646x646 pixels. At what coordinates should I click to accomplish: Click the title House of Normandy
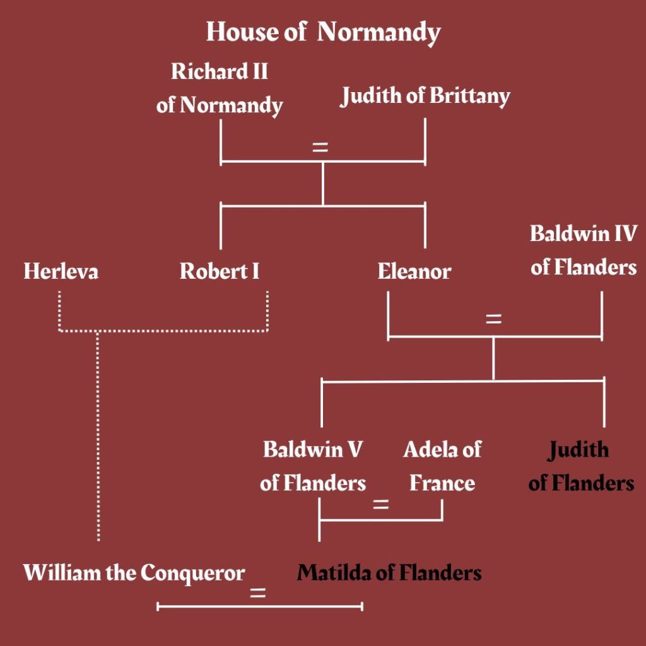323,32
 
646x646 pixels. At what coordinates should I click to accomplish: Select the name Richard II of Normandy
220,88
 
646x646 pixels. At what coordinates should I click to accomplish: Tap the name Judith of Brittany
425,96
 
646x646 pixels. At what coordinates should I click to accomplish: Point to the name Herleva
61,272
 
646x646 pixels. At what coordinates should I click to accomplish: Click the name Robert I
220,272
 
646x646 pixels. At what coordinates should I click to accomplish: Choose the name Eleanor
414,272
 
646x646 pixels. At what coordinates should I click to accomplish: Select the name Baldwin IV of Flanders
584,250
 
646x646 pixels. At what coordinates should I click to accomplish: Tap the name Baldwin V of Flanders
313,467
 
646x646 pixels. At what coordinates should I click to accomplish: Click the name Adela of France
442,467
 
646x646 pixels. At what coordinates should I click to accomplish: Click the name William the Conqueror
134,573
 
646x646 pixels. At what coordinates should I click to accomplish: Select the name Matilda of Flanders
389,573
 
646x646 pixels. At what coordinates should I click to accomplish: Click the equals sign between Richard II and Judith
320,148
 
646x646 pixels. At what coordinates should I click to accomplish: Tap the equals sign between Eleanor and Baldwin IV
493,319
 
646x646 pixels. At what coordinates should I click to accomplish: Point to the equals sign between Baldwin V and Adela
380,505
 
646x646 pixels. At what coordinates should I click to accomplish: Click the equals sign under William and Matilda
257,594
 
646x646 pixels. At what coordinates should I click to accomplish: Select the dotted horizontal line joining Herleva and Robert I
164,330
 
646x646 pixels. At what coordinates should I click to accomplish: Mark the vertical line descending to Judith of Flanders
604,404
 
